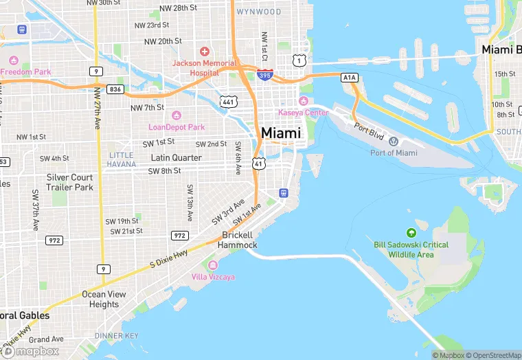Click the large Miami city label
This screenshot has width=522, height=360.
[280, 133]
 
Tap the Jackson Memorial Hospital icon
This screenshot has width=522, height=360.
[203, 52]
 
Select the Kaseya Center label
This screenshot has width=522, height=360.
[303, 112]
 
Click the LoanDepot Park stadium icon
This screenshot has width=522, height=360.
[177, 115]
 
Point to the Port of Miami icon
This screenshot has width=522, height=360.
[394, 142]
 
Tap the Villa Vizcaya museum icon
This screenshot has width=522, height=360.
[212, 265]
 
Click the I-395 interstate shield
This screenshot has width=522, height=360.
[264, 74]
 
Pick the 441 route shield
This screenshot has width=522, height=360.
[228, 102]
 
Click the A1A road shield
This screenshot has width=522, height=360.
[350, 78]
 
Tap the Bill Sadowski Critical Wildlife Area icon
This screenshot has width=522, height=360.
[411, 233]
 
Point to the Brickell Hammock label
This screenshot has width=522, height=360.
[238, 240]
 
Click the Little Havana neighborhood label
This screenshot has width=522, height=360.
[121, 159]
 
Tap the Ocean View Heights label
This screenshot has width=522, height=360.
[104, 299]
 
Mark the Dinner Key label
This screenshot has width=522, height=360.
[116, 335]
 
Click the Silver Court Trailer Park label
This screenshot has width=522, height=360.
[69, 182]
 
